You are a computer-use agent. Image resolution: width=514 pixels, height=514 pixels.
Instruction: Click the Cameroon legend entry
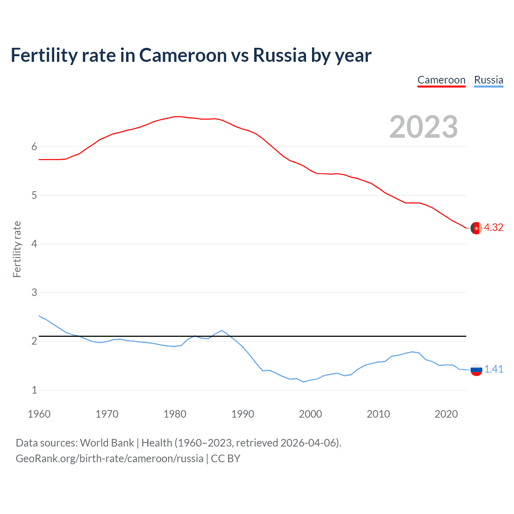[x=441, y=80]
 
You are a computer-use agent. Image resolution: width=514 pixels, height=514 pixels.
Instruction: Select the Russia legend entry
[x=488, y=80]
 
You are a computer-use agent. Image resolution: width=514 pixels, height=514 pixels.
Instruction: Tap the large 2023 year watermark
[x=423, y=127]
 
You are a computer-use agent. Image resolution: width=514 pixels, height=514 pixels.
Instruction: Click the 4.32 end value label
[x=494, y=227]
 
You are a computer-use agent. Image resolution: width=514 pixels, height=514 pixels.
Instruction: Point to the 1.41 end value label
[x=494, y=369]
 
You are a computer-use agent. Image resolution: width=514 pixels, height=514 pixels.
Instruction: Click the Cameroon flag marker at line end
[x=476, y=228]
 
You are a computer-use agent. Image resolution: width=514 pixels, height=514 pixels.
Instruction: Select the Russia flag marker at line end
[x=476, y=369]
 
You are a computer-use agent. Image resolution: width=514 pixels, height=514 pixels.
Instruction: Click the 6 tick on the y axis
[x=34, y=147]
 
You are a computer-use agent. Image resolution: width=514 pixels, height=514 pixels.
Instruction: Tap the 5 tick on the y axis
[x=34, y=195]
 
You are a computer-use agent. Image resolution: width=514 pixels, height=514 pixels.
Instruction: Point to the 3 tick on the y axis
[x=34, y=292]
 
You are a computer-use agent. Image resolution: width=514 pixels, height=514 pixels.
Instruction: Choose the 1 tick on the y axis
[x=34, y=390]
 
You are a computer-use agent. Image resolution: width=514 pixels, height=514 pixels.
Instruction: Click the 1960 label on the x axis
[x=39, y=414]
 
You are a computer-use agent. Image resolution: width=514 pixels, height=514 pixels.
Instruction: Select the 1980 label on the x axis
[x=175, y=414]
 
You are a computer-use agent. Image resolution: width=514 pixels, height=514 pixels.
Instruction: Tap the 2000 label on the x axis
[x=310, y=414]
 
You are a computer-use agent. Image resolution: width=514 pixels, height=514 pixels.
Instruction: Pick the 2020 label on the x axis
[x=446, y=414]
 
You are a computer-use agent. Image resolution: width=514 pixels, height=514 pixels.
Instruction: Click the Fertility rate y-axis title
[x=17, y=249]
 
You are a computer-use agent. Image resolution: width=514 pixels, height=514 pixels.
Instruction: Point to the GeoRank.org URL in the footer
[x=109, y=459]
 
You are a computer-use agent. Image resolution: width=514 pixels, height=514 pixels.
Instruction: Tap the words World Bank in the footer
[x=107, y=443]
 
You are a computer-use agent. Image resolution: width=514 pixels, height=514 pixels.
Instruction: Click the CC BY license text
[x=225, y=459]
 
